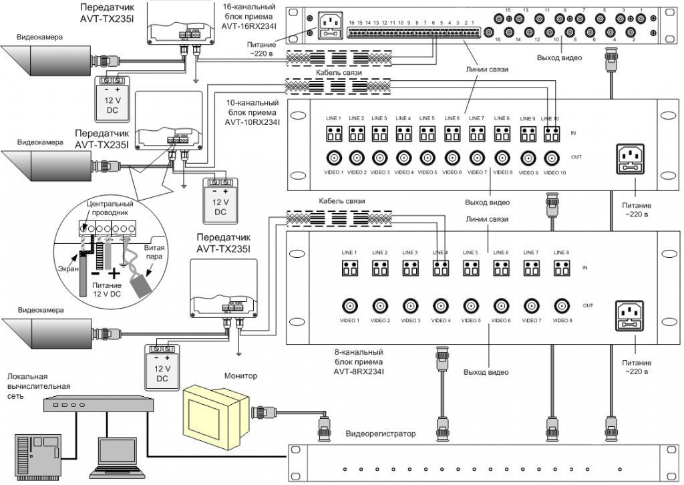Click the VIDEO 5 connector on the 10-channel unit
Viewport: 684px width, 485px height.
(x=427, y=158)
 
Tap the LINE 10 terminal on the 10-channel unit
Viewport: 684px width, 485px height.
(x=551, y=134)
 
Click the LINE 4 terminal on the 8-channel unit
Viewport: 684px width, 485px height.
(x=440, y=268)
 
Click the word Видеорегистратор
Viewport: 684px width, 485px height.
(x=380, y=434)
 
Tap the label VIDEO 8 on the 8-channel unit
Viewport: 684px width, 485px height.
(x=562, y=321)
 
